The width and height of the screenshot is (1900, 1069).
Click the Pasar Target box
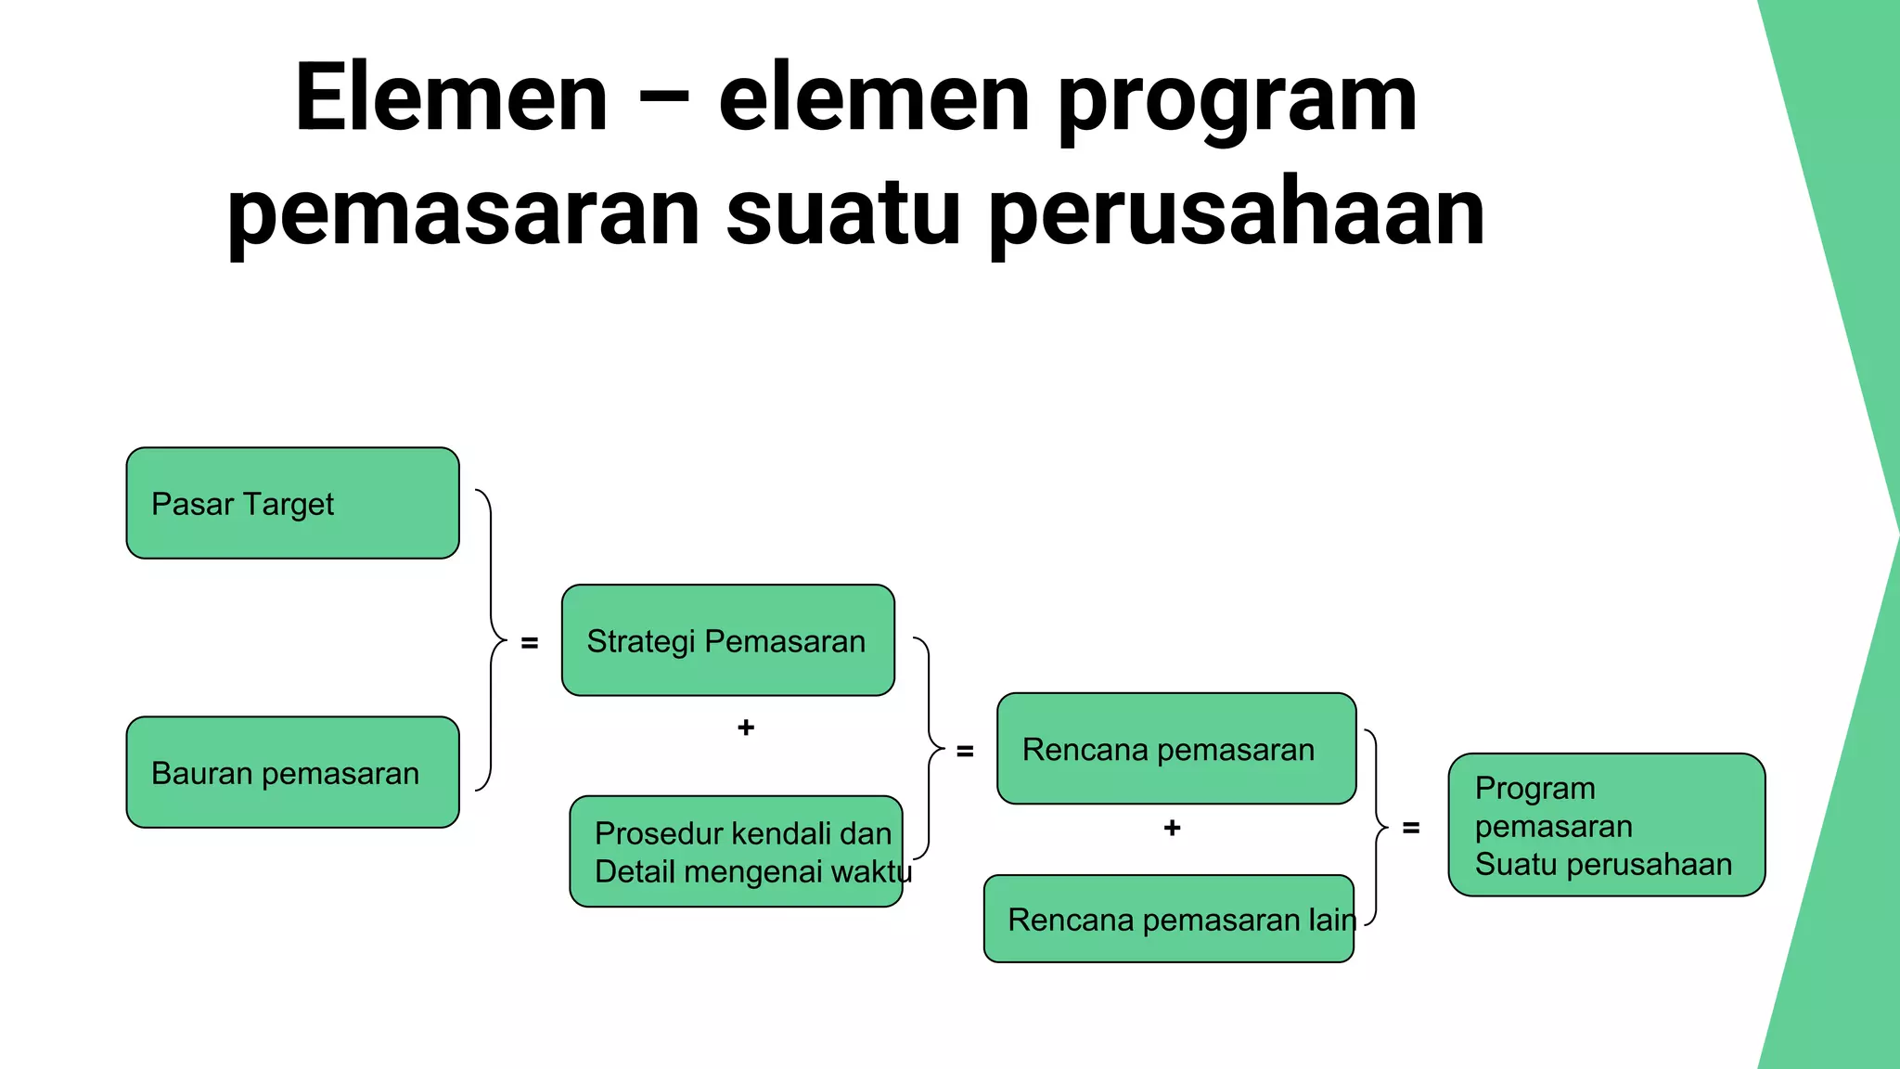tap(292, 503)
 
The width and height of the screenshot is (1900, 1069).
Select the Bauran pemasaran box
tap(292, 772)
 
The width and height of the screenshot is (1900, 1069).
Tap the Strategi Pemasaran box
tap(727, 640)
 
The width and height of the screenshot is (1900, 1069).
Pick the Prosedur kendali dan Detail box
tap(736, 851)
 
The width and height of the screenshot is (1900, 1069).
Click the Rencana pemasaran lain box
tap(1168, 919)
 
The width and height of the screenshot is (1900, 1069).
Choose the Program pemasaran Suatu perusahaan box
tap(1606, 825)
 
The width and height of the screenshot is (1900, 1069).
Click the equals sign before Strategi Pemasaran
tap(530, 642)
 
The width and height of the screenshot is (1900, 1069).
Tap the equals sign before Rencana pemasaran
tap(965, 751)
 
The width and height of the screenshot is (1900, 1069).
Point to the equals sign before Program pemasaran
tap(1411, 828)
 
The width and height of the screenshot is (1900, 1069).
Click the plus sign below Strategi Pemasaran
tap(746, 728)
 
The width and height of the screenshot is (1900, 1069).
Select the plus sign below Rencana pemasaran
tap(1172, 828)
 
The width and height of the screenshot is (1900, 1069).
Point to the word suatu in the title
tap(842, 213)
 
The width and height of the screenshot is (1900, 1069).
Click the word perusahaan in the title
tap(1236, 214)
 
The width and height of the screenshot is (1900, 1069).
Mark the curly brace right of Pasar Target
tap(491, 640)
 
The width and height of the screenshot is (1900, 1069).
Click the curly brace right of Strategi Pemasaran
tap(928, 748)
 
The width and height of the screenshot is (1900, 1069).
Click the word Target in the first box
tap(289, 504)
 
